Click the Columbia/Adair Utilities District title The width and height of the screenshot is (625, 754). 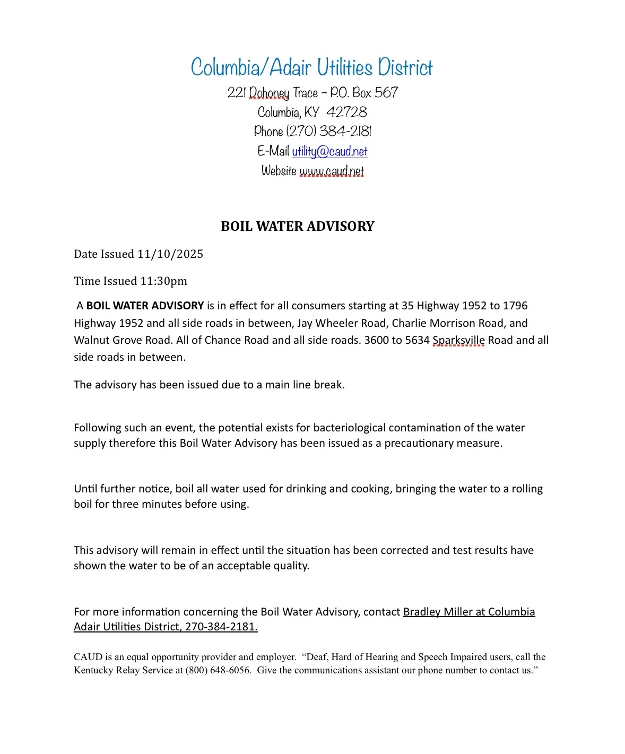pyautogui.click(x=311, y=68)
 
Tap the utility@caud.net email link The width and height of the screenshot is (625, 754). pyautogui.click(x=329, y=152)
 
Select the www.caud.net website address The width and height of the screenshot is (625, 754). pyautogui.click(x=332, y=171)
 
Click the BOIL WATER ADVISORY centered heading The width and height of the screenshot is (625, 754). pyautogui.click(x=297, y=227)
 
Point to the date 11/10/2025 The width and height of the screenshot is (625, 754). pyautogui.click(x=170, y=254)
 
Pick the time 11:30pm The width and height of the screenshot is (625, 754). pyautogui.click(x=163, y=281)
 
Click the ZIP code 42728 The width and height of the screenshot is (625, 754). pyautogui.click(x=346, y=112)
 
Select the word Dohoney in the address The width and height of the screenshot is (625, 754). pyautogui.click(x=269, y=93)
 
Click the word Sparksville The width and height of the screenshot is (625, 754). pyautogui.click(x=458, y=341)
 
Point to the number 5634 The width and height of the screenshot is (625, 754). pyautogui.click(x=417, y=341)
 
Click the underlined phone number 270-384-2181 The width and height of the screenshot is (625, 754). pyautogui.click(x=221, y=627)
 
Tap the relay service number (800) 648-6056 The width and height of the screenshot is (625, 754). pyautogui.click(x=218, y=670)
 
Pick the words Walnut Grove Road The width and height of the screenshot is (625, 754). pyautogui.click(x=124, y=341)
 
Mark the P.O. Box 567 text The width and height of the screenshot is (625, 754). pyautogui.click(x=364, y=93)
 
